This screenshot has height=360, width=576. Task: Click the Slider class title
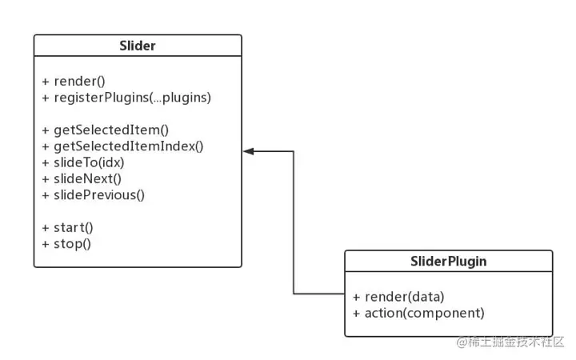[x=137, y=46]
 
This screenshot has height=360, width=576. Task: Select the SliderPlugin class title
[x=448, y=261]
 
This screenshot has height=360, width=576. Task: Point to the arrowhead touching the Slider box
[x=249, y=150]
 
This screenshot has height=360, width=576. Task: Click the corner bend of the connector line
[x=294, y=150]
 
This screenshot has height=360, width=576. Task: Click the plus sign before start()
[x=46, y=226]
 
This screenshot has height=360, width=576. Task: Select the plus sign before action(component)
[x=356, y=313]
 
